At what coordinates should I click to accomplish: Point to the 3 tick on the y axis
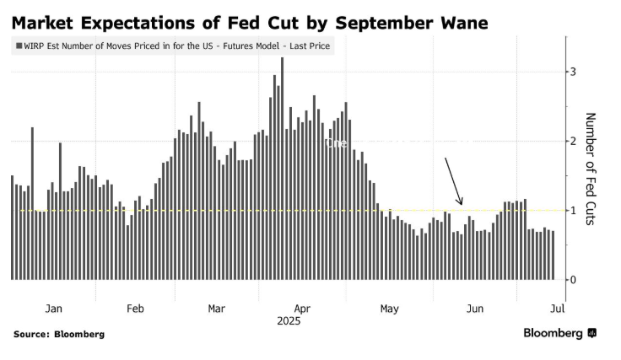573,72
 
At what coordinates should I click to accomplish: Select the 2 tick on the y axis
573,141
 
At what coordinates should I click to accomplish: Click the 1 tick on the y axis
573,210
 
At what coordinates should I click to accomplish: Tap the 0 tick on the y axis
573,280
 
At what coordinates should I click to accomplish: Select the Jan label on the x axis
53,309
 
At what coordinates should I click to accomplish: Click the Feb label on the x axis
135,309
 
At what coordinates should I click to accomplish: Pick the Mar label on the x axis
216,309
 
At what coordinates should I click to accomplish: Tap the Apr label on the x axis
303,309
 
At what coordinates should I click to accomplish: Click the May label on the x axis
389,309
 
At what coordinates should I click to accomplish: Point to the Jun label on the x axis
475,309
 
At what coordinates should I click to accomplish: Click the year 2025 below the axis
288,321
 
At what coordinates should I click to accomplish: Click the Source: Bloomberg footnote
59,335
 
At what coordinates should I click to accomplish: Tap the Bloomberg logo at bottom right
559,334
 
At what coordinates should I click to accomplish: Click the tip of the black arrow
462,205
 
